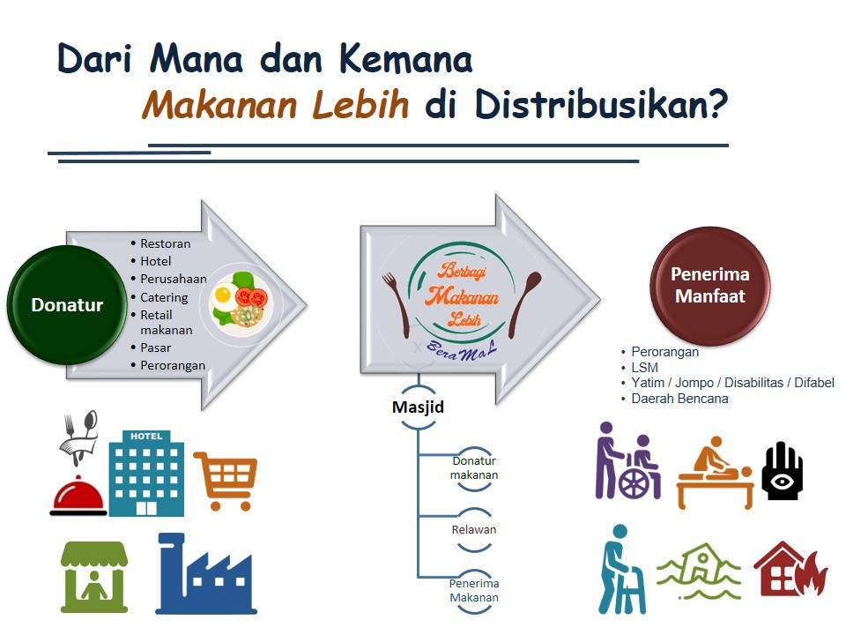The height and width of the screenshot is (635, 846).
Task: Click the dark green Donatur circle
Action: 67,304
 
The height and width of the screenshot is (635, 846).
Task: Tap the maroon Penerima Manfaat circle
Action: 710,286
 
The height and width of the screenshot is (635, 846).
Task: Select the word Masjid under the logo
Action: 418,407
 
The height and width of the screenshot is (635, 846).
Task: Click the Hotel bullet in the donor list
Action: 155,261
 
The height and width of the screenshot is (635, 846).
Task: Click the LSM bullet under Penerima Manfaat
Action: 644,367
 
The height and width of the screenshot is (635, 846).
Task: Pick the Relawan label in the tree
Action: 474,530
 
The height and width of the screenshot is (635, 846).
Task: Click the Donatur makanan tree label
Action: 474,468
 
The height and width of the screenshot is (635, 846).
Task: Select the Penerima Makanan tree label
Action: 474,590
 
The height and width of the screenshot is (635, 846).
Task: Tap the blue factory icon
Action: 206,574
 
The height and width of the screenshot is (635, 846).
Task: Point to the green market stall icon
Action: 94,577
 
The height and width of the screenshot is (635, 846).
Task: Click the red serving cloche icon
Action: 78,496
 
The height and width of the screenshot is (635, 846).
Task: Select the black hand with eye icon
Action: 783,471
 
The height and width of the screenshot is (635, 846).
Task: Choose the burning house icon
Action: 790,570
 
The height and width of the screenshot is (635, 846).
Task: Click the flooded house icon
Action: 699,571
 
